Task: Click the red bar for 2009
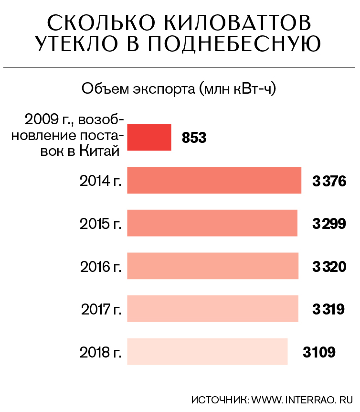pyautogui.click(x=149, y=137)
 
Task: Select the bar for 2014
pyautogui.click(x=214, y=180)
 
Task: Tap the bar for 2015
pyautogui.click(x=212, y=223)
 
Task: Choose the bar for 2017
pyautogui.click(x=212, y=308)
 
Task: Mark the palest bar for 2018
pyautogui.click(x=207, y=351)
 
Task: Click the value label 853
pyautogui.click(x=194, y=138)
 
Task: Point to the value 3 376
pyautogui.click(x=328, y=181)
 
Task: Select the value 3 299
pyautogui.click(x=328, y=223)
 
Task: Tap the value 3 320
pyautogui.click(x=328, y=266)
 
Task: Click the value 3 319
pyautogui.click(x=328, y=309)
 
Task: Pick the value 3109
pyautogui.click(x=319, y=352)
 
